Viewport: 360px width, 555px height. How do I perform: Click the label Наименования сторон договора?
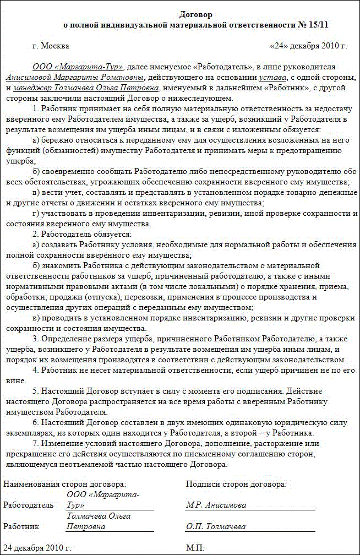point(64,484)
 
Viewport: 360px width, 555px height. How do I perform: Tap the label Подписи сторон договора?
point(236,484)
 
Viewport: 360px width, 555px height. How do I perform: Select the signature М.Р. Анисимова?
point(216,505)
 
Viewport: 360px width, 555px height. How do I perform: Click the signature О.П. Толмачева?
point(216,527)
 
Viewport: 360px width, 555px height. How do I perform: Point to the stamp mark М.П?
point(195,548)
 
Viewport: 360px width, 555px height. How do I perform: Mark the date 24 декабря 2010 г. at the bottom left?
point(37,548)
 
